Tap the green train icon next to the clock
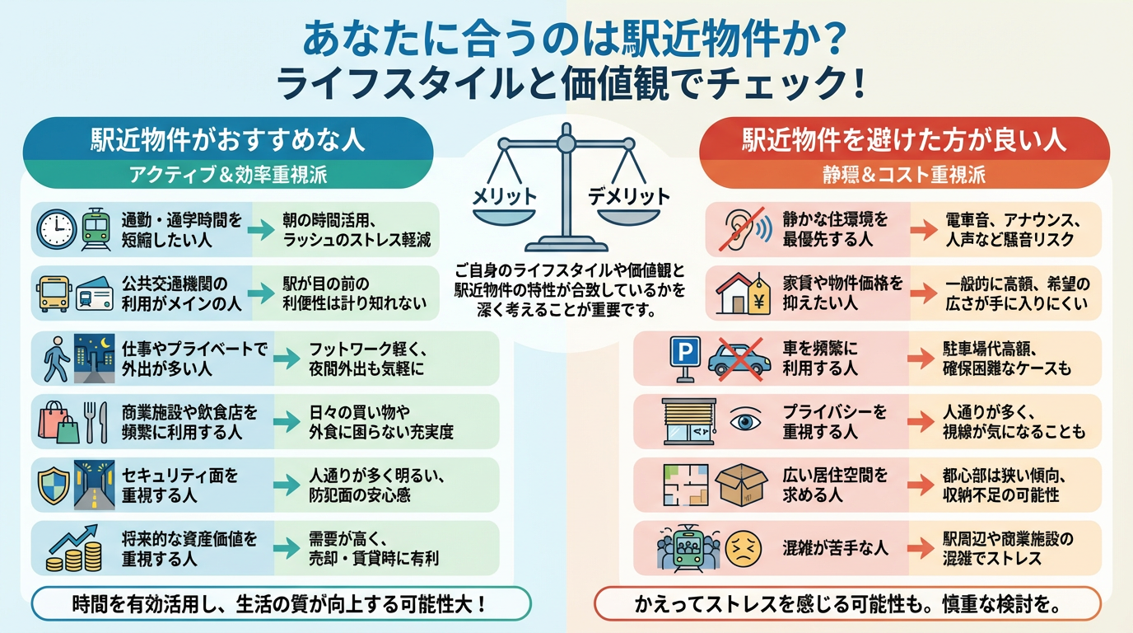click(x=95, y=229)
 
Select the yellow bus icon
click(x=54, y=293)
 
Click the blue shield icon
click(x=52, y=483)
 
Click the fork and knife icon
click(x=96, y=420)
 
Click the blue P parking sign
click(x=683, y=358)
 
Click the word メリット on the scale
click(x=503, y=196)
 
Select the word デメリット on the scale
click(x=628, y=196)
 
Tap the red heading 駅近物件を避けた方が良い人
click(x=904, y=139)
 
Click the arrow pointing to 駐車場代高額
click(x=920, y=358)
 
